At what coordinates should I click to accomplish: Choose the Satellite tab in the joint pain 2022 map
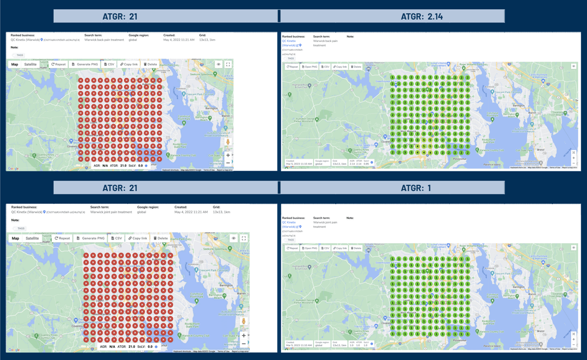[x=32, y=238]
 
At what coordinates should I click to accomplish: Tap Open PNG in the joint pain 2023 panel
[x=309, y=248]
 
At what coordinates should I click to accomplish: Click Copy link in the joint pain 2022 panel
[x=137, y=238]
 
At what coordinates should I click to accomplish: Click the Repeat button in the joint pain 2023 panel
[x=293, y=248]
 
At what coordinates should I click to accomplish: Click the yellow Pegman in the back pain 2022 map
[x=228, y=143]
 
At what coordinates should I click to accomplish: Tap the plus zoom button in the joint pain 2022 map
[x=244, y=336]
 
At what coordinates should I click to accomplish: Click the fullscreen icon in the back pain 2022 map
[x=228, y=64]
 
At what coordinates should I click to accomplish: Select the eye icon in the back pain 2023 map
[x=573, y=67]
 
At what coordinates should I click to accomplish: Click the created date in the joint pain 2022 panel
[x=191, y=212]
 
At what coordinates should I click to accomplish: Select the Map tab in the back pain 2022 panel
[x=15, y=64]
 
